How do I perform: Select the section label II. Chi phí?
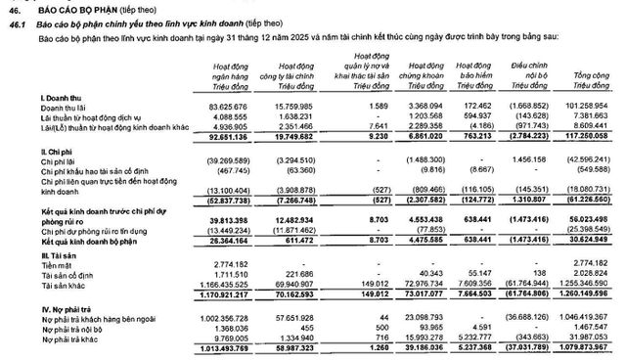(57, 152)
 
